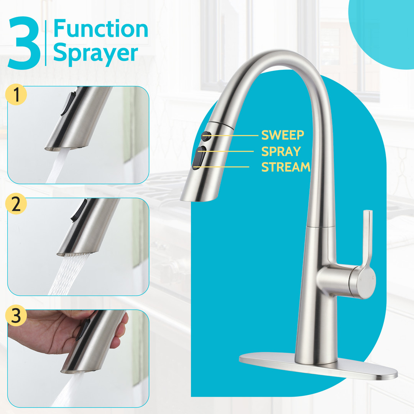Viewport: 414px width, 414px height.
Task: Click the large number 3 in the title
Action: click(x=24, y=43)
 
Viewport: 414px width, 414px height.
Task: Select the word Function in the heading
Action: click(x=100, y=28)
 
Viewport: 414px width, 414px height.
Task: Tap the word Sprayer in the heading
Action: click(x=95, y=53)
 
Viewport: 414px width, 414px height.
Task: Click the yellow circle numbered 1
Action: click(x=16, y=95)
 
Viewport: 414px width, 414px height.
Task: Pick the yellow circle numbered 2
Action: click(x=16, y=204)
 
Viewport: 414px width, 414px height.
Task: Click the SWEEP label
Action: click(x=283, y=135)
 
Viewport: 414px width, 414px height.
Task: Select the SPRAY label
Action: click(x=281, y=151)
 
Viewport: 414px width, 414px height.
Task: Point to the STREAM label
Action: click(x=286, y=167)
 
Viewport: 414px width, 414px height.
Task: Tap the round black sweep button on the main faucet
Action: click(x=206, y=136)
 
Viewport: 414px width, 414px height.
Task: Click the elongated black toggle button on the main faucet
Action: click(x=199, y=158)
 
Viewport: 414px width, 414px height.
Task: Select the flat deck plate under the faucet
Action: click(x=318, y=366)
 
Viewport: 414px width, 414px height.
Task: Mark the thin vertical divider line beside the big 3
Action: click(x=46, y=43)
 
